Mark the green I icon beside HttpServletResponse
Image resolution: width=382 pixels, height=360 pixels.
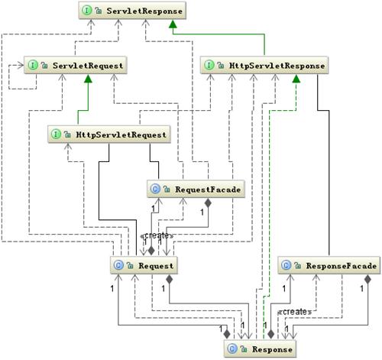tap(211, 66)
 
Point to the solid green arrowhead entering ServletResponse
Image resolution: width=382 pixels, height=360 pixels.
tap(173, 26)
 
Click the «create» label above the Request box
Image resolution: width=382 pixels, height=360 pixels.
tap(157, 235)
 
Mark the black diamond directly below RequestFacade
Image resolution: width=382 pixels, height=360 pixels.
tap(208, 203)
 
